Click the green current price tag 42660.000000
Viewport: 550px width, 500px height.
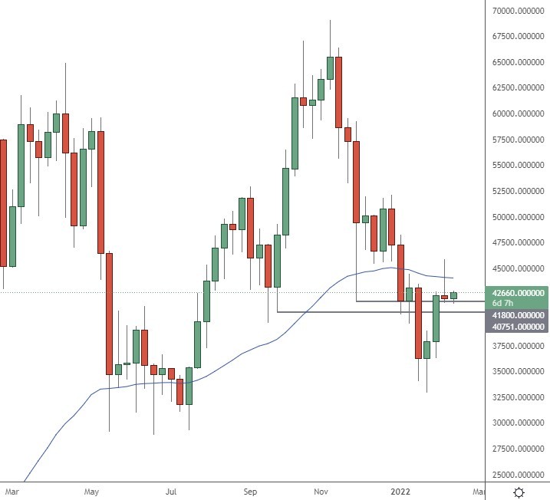click(519, 293)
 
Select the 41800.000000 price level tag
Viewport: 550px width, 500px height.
click(519, 315)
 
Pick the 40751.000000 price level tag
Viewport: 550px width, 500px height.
click(519, 327)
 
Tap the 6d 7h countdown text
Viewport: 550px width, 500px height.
click(503, 304)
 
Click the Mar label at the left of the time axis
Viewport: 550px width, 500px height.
click(11, 490)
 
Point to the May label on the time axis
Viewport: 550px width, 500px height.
click(92, 490)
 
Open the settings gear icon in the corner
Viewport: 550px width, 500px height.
click(519, 491)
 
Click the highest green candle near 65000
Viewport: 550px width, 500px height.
click(331, 67)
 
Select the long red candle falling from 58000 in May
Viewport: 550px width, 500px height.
click(100, 192)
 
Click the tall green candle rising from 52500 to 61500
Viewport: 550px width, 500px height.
click(295, 133)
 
